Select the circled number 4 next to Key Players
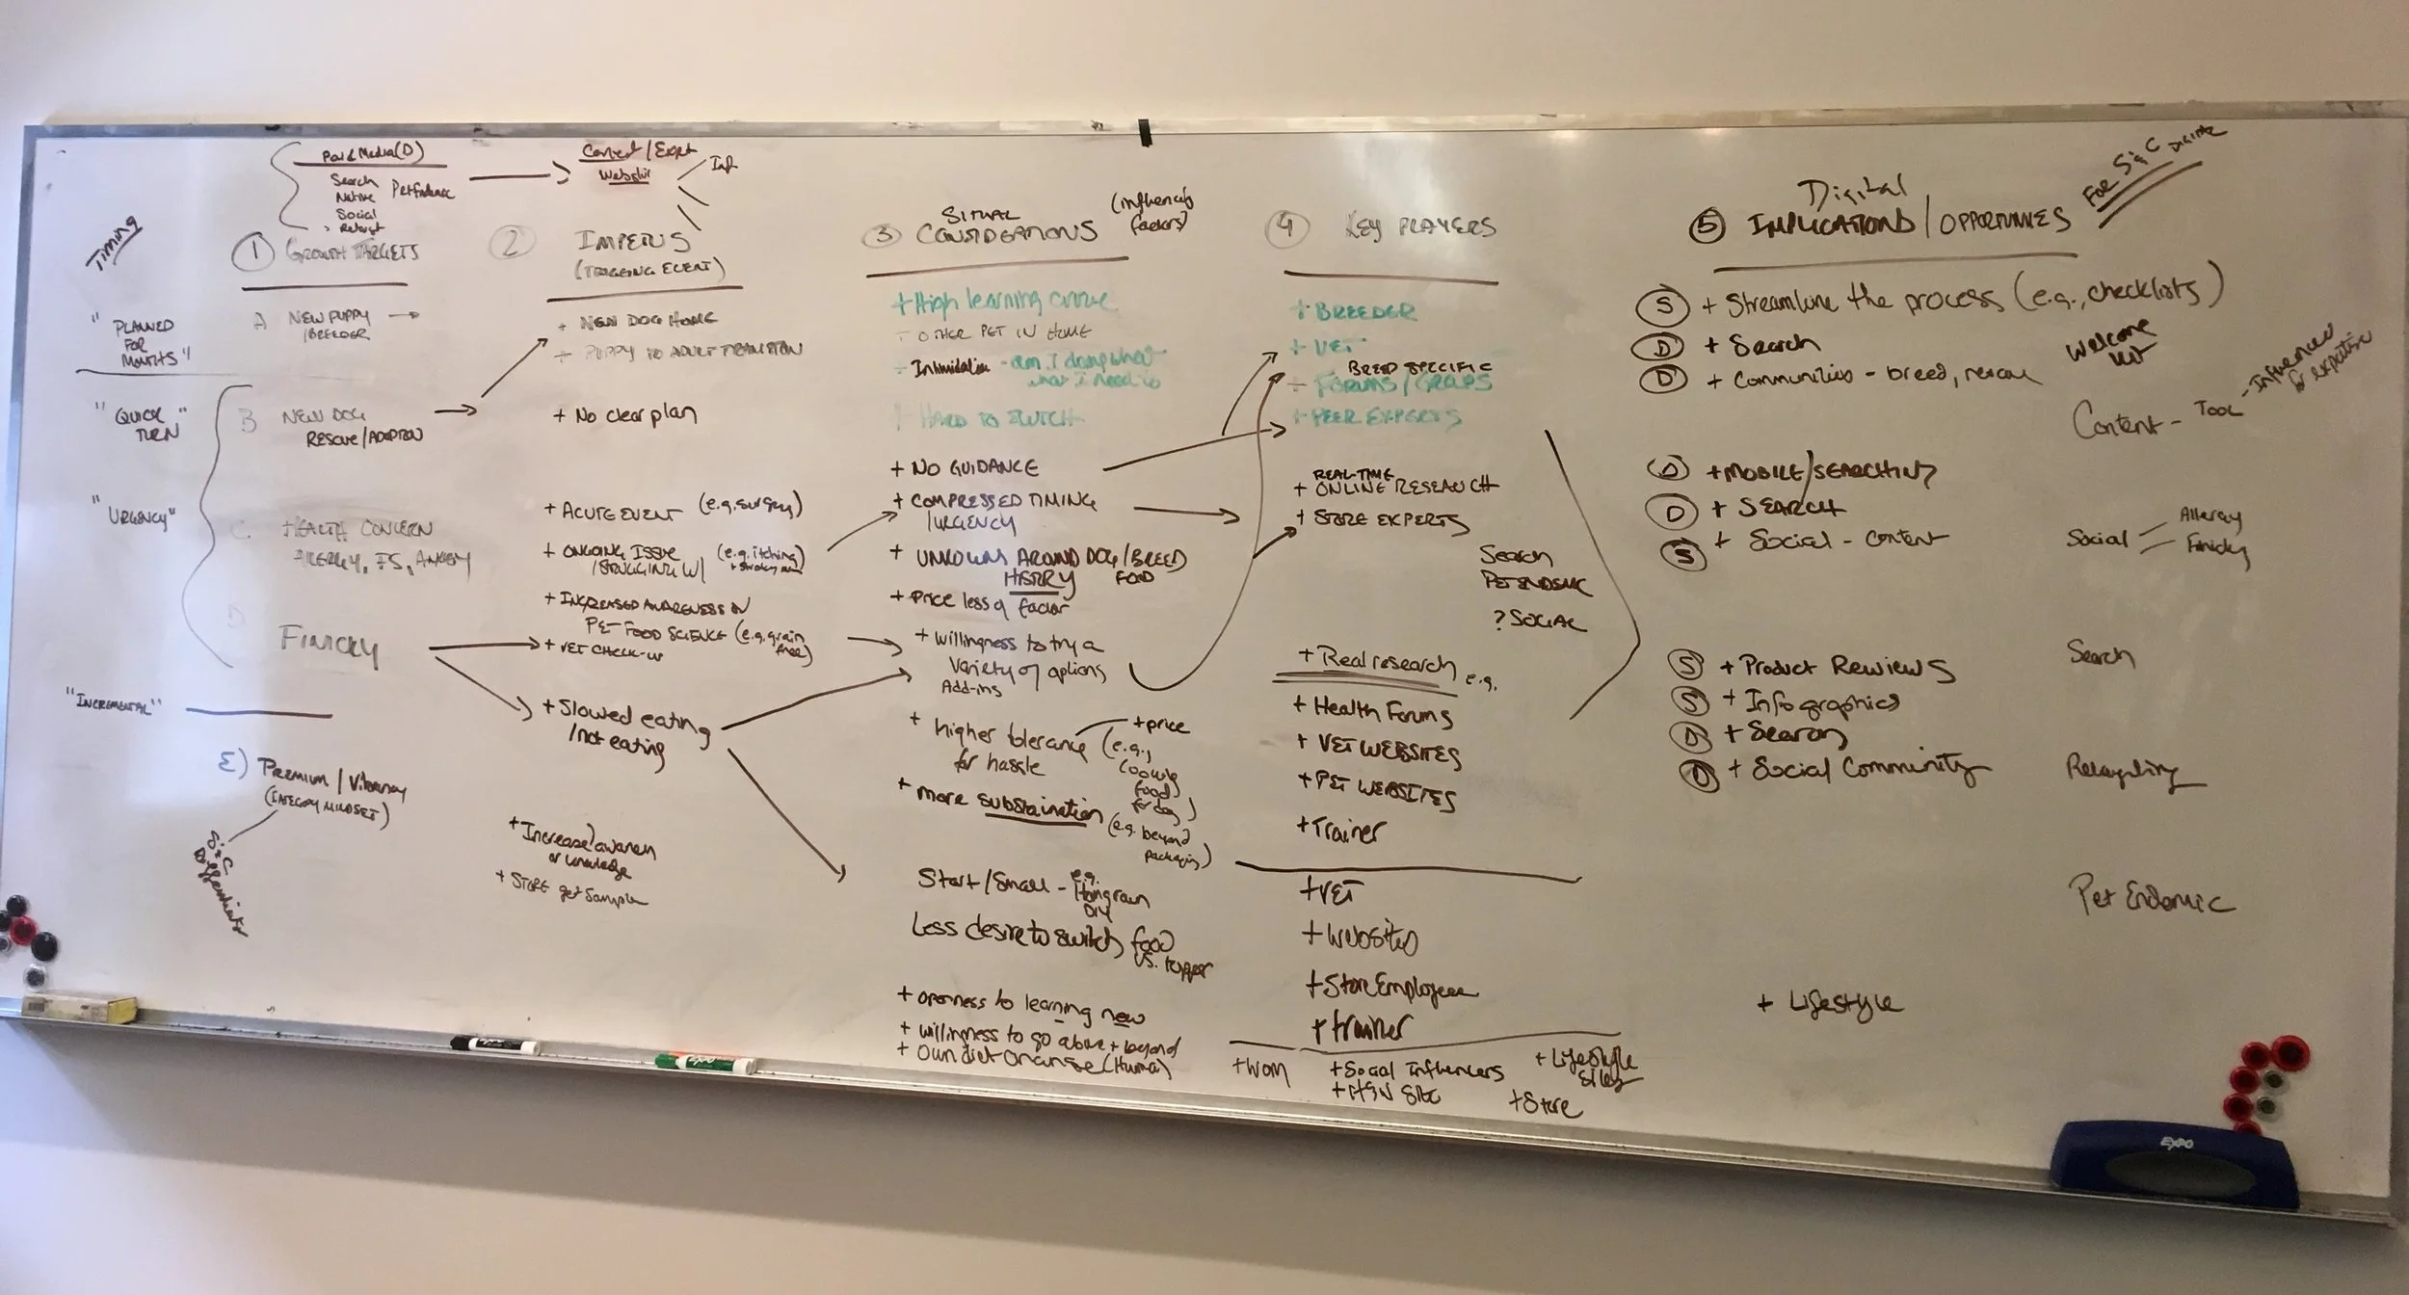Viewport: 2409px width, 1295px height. [1284, 228]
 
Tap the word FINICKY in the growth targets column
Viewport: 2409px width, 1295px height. [329, 643]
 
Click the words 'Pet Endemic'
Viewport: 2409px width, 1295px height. [2150, 897]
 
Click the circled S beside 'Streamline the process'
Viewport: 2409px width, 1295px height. [1662, 306]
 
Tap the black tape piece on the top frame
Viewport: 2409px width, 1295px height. [1145, 133]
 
